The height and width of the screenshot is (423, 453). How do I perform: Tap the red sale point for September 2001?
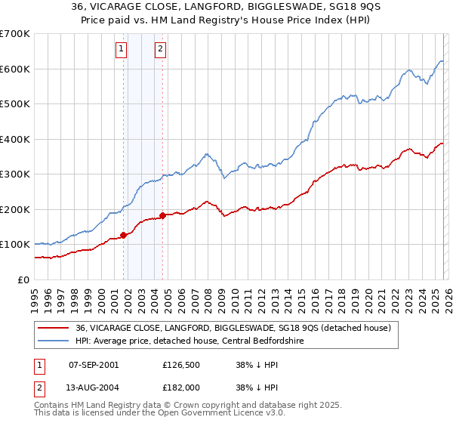(x=123, y=235)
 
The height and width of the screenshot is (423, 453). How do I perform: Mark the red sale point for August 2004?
(x=162, y=215)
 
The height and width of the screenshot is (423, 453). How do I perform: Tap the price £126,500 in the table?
(x=180, y=365)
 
